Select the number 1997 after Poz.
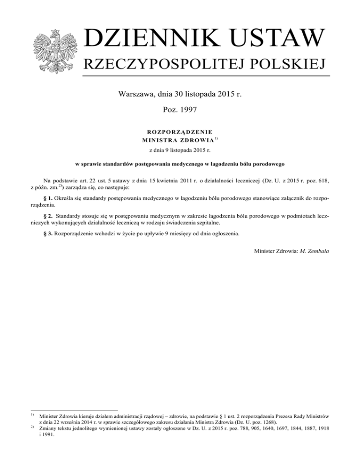pos(187,111)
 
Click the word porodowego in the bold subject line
pos(268,165)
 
